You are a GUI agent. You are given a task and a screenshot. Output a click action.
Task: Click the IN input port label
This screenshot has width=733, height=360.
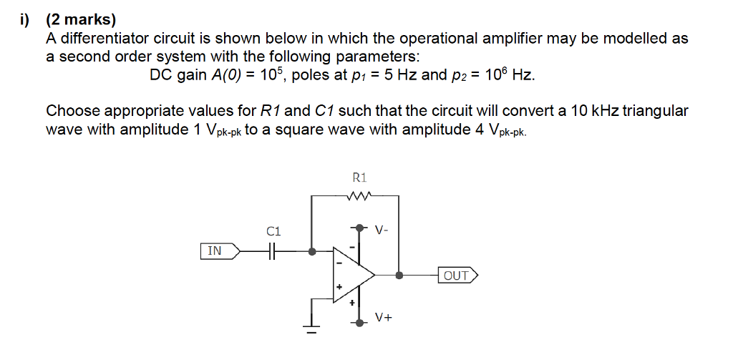pos(215,251)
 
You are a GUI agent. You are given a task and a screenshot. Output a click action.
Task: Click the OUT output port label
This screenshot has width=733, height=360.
pos(456,275)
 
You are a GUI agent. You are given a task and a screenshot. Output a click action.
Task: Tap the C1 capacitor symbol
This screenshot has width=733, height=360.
pos(273,251)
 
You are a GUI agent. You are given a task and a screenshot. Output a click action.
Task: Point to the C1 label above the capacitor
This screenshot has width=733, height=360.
pos(273,231)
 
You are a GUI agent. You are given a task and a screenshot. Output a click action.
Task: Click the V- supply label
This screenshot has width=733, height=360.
pos(382,230)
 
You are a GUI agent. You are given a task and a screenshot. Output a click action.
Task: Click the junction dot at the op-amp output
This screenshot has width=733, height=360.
pos(399,275)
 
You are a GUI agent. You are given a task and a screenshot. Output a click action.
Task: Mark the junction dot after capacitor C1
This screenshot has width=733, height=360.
pos(311,251)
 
